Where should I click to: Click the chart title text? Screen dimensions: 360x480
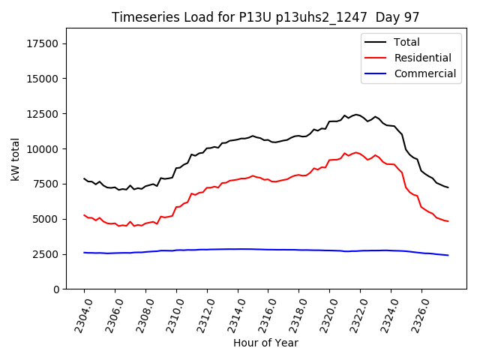(x=265, y=16)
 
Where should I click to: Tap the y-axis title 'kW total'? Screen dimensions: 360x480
(x=15, y=159)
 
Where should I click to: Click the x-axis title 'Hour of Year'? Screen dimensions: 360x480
(x=265, y=343)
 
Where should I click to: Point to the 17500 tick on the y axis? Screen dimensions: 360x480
(x=43, y=43)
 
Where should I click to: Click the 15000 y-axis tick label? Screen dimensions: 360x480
(x=43, y=79)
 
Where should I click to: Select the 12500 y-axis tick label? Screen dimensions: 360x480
(x=43, y=114)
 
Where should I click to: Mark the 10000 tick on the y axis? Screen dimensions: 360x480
(x=43, y=149)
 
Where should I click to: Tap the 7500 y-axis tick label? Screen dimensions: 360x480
(x=46, y=184)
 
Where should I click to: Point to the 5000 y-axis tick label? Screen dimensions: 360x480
(x=46, y=219)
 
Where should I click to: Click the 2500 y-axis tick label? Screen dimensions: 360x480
(x=46, y=254)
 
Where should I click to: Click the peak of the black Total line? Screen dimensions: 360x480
(x=356, y=115)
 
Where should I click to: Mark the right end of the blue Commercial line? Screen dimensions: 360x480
(x=448, y=255)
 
